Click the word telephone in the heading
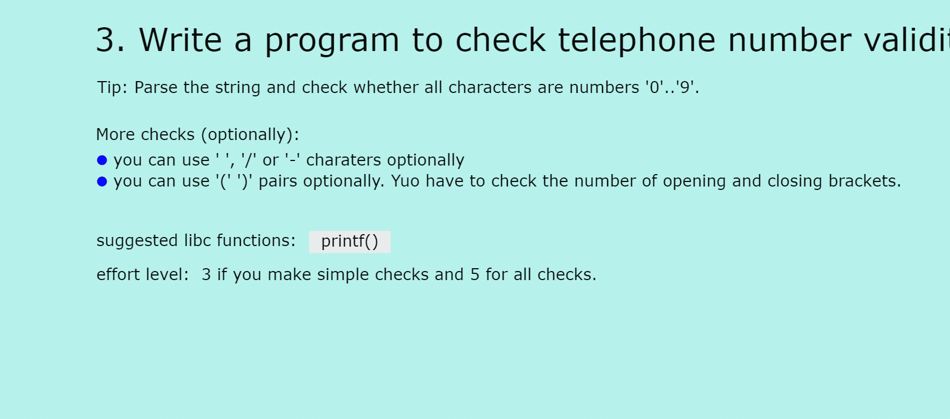click(637, 40)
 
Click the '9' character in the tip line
click(685, 87)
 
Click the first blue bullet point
click(102, 160)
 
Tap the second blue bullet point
click(102, 181)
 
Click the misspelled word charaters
click(343, 160)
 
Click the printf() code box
click(350, 242)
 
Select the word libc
click(198, 240)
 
